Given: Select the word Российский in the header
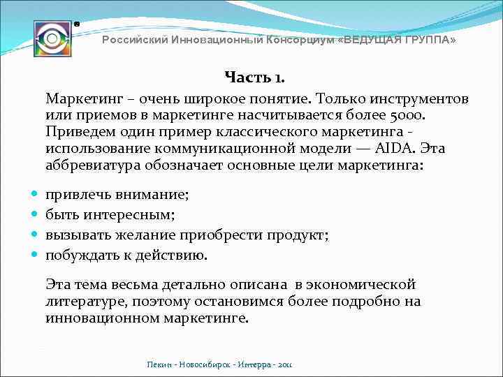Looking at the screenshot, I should pyautogui.click(x=134, y=40).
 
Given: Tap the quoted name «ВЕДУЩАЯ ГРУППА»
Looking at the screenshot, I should pyautogui.click(x=396, y=40).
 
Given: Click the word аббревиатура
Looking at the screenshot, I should pyautogui.click(x=94, y=165).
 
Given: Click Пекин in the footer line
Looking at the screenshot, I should pyautogui.click(x=159, y=364).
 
